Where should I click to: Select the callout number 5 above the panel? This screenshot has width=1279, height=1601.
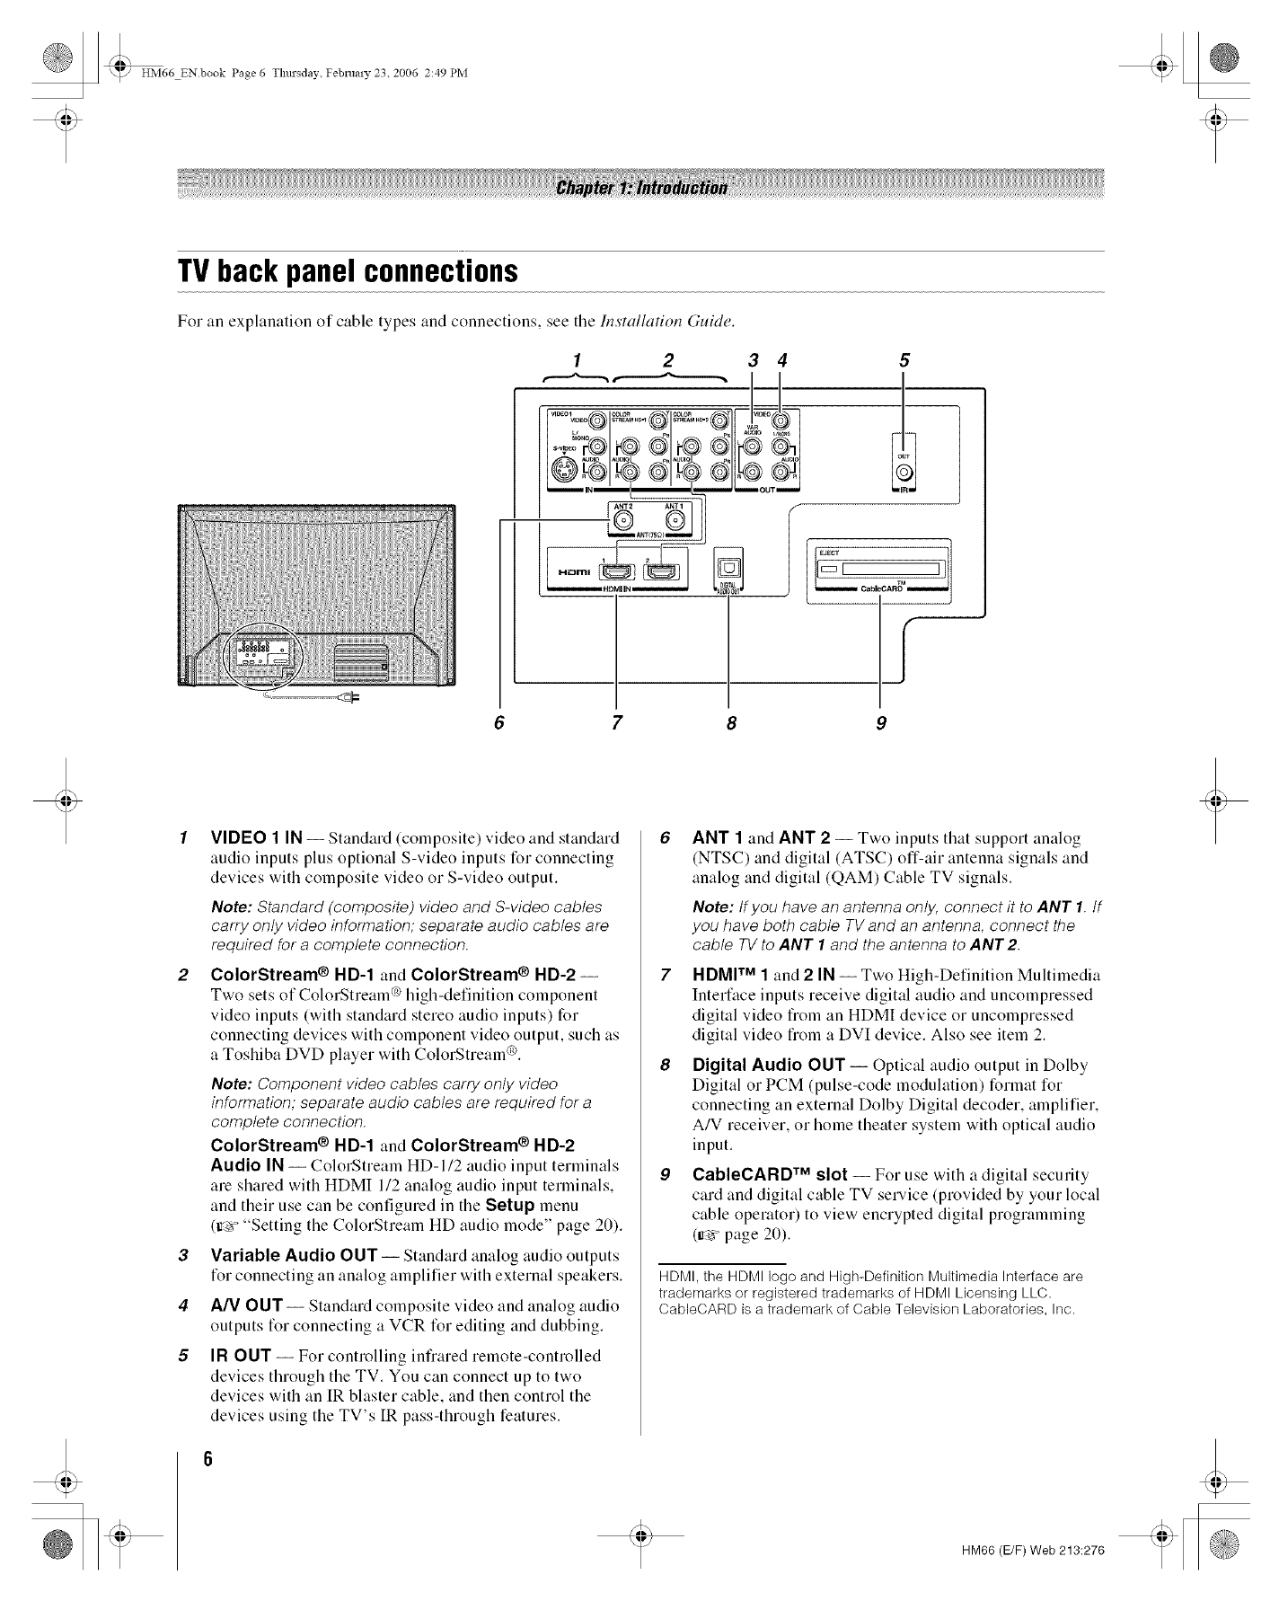pyautogui.click(x=904, y=360)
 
